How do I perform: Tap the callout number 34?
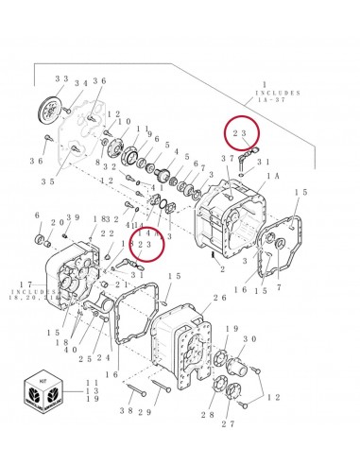pos(82,83)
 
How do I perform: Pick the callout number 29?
pos(146,413)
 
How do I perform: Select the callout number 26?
pos(220,298)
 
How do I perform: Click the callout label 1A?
pos(273,177)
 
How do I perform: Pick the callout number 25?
pos(86,358)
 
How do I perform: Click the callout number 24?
pos(103,358)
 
